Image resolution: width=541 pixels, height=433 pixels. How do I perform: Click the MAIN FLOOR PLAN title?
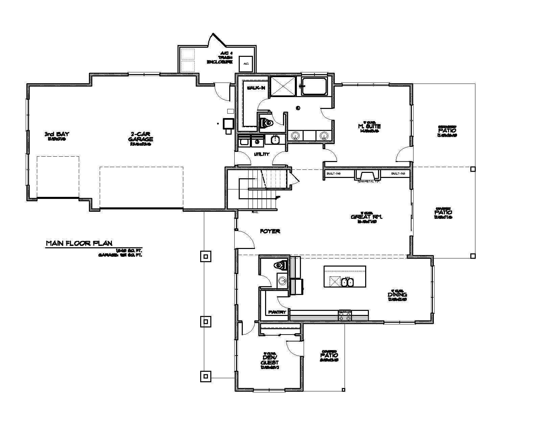pyautogui.click(x=79, y=243)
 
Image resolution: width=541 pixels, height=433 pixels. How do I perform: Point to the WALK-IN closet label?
pyautogui.click(x=256, y=88)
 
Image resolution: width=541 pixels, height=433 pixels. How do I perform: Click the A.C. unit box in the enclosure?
pyautogui.click(x=246, y=64)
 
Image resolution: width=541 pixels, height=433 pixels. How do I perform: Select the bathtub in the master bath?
pyautogui.click(x=314, y=86)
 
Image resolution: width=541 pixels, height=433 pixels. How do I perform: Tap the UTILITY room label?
pyautogui.click(x=261, y=154)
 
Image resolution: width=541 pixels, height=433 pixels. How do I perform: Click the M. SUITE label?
pyautogui.click(x=369, y=126)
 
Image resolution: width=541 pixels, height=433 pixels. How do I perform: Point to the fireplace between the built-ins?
pyautogui.click(x=367, y=176)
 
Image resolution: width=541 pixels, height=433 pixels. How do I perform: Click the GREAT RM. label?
pyautogui.click(x=367, y=217)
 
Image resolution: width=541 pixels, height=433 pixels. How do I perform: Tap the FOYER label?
pyautogui.click(x=270, y=231)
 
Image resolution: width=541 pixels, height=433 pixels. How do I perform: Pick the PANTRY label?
pyautogui.click(x=277, y=312)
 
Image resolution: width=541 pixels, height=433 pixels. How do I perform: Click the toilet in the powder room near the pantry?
pyautogui.click(x=281, y=265)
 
